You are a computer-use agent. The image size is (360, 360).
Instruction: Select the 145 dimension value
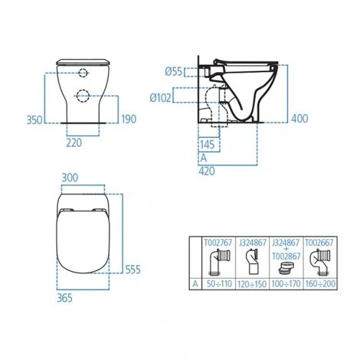point(205,142)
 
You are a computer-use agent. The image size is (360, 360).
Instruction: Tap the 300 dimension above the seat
point(70,177)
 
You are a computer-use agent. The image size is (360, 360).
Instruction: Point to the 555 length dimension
point(132,270)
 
